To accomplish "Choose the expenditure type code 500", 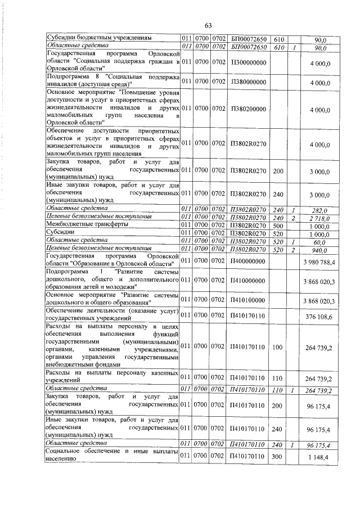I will [x=277, y=225].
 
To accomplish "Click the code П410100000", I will [x=247, y=301].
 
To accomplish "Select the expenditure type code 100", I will [x=277, y=348].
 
